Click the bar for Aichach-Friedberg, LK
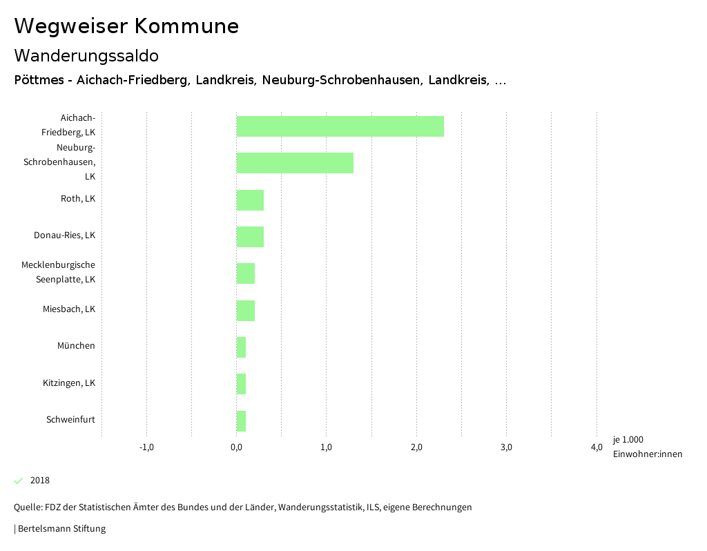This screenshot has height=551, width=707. coord(340,126)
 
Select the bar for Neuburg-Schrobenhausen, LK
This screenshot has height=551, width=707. coord(295,163)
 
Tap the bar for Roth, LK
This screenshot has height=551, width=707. coord(250,200)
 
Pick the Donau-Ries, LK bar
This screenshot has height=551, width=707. coord(250,237)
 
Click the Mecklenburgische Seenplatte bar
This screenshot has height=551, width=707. coord(246,273)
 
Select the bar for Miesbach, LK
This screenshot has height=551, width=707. coord(246,311)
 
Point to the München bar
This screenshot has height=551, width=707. coord(241,347)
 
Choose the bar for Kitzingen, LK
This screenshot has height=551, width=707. coord(241,384)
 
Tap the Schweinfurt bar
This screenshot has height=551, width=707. coord(241,421)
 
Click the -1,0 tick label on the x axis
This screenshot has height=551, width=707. coord(146,447)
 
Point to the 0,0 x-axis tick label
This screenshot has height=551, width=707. coord(236,447)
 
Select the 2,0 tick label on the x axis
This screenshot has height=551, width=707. coord(416,447)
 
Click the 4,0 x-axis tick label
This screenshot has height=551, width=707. coord(597,447)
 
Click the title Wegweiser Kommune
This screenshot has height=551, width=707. coord(126,26)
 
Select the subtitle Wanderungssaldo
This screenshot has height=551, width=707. coord(86,55)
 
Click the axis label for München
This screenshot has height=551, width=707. coord(76,346)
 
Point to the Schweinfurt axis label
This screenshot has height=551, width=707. coord(70,420)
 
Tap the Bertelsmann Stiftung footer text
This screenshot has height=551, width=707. coord(61,529)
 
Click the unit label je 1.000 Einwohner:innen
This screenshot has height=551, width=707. coord(647,447)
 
